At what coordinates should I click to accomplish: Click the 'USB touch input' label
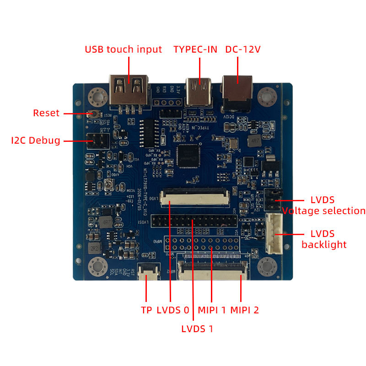pyautogui.click(x=123, y=49)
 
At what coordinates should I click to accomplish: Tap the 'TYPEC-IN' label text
pyautogui.click(x=195, y=49)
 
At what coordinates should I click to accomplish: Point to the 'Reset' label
pyautogui.click(x=46, y=113)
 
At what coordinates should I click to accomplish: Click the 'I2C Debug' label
pyautogui.click(x=36, y=140)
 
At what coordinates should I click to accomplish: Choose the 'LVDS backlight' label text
pyautogui.click(x=324, y=239)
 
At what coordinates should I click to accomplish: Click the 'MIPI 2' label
pyautogui.click(x=244, y=310)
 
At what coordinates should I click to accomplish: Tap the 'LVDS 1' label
pyautogui.click(x=197, y=328)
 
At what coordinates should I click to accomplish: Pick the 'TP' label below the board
pyautogui.click(x=146, y=310)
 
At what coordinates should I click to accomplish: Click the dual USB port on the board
pyautogui.click(x=128, y=92)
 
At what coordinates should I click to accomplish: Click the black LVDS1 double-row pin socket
pyautogui.click(x=195, y=222)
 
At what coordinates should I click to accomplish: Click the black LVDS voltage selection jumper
pyautogui.click(x=270, y=200)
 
